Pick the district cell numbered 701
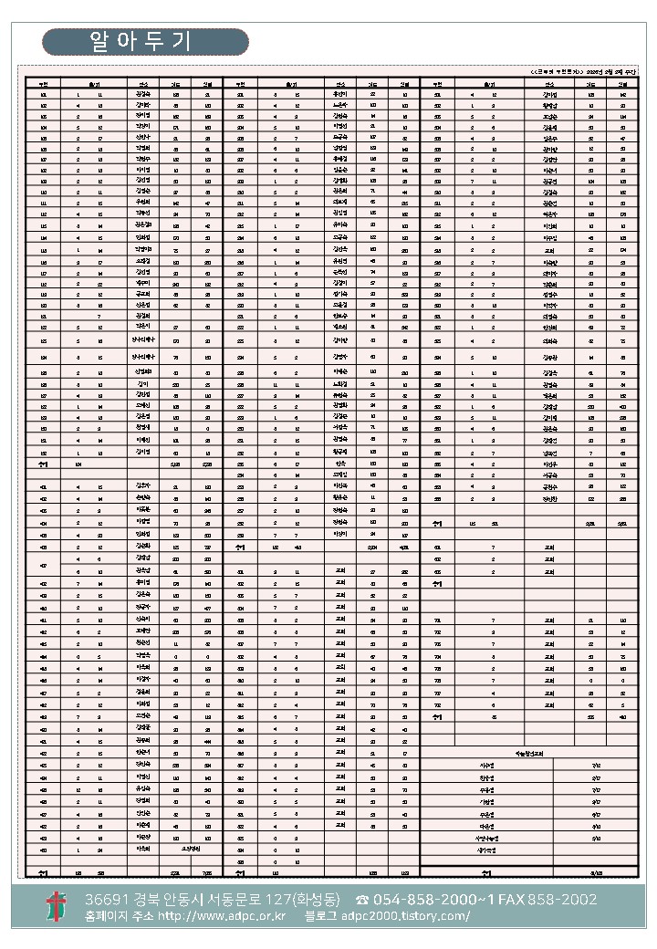[x=438, y=620]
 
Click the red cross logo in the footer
[x=57, y=907]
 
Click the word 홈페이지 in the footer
[x=102, y=916]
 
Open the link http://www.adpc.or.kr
[x=222, y=916]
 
